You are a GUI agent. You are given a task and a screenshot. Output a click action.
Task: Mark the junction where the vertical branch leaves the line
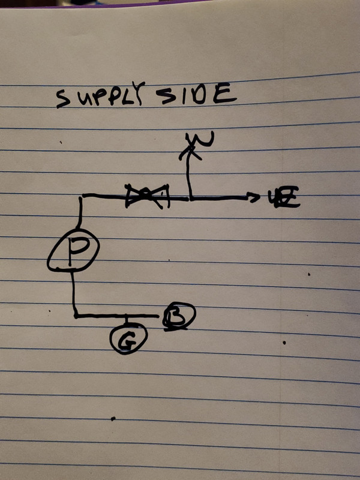(190, 197)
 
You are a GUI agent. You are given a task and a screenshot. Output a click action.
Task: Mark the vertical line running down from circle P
(74, 293)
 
